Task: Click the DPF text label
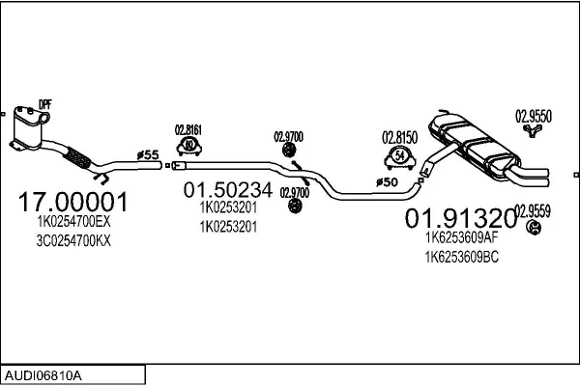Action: (x=44, y=103)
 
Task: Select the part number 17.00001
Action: (x=73, y=203)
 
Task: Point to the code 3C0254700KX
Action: (x=68, y=240)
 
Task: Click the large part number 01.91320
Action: (x=459, y=217)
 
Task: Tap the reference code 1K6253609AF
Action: (x=462, y=236)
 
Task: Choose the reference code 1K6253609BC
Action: (x=462, y=257)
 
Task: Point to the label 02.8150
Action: (x=399, y=136)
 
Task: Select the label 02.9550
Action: (x=533, y=115)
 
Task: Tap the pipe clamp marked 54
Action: (x=399, y=155)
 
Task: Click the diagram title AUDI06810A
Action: (x=43, y=372)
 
